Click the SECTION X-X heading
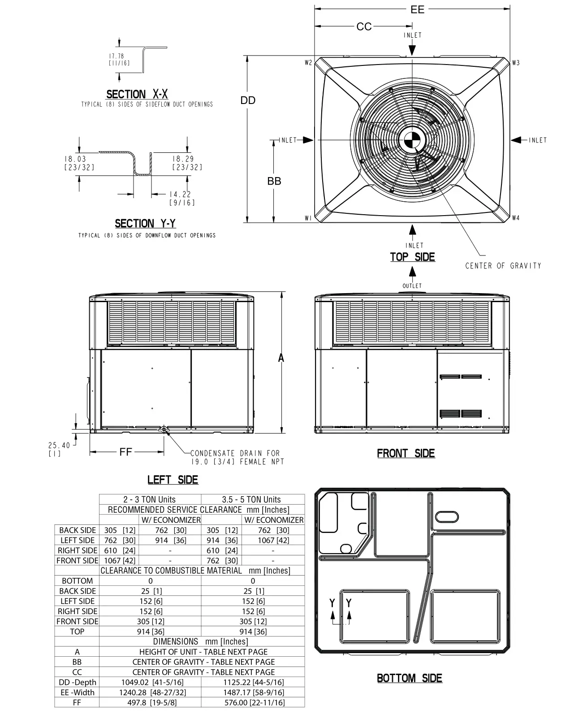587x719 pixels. [x=137, y=94]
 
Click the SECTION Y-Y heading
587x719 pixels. [x=145, y=223]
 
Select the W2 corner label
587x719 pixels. [x=308, y=63]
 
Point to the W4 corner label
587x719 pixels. [x=516, y=218]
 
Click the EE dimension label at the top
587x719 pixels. [x=417, y=9]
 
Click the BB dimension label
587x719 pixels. [x=274, y=181]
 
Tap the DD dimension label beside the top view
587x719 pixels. [x=248, y=100]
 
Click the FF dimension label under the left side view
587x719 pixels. [x=125, y=452]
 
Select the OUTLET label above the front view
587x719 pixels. [x=412, y=286]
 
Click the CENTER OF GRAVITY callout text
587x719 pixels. [x=503, y=266]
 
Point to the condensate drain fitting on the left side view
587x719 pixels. [x=165, y=429]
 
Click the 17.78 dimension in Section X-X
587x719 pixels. [x=117, y=56]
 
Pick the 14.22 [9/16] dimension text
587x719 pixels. [x=181, y=198]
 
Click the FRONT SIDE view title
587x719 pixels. [x=406, y=453]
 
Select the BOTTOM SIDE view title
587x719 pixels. [x=409, y=678]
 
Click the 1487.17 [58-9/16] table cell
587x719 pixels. [x=253, y=692]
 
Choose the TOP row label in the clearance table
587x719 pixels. [x=77, y=631]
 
